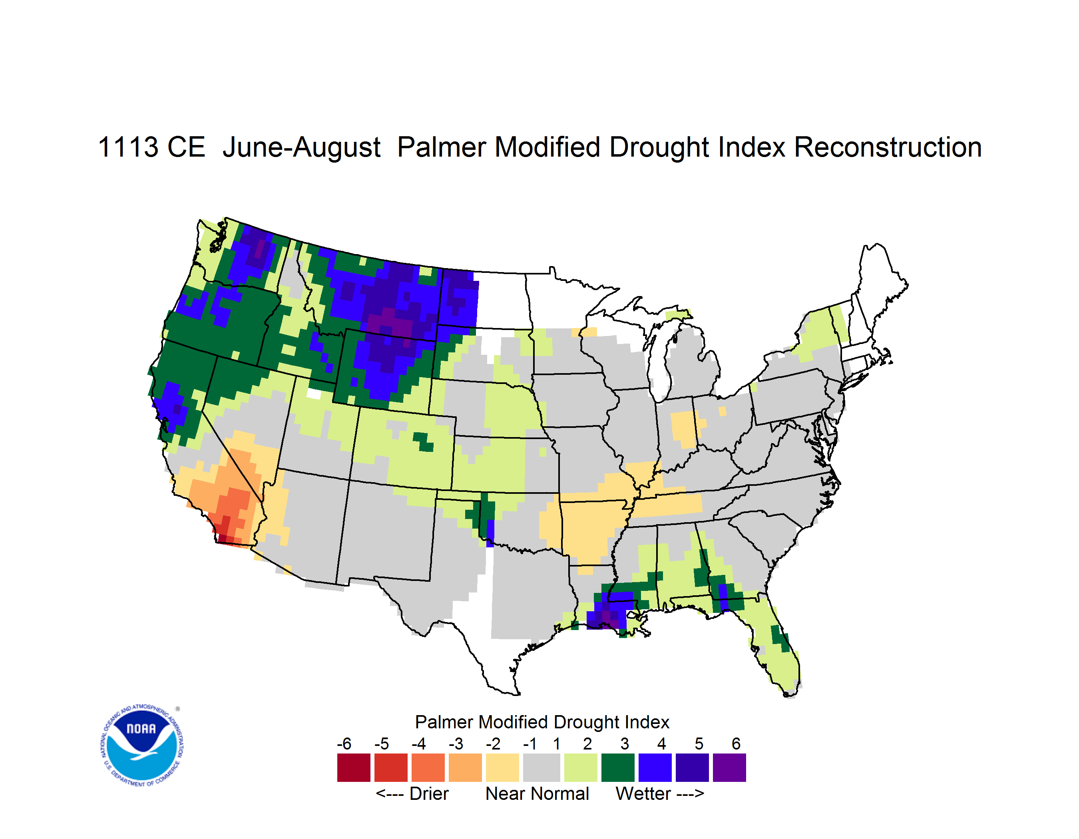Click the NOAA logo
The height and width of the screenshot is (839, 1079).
pos(142,746)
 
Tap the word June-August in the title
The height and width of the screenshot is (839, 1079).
pos(301,148)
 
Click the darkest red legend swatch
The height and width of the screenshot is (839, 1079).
pos(354,767)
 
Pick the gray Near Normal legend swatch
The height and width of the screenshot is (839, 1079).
pos(541,767)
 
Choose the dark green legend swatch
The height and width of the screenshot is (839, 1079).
pos(617,767)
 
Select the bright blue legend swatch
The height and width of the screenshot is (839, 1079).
pos(655,767)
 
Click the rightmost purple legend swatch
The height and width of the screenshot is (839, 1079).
pos(729,767)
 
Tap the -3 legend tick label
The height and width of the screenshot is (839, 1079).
pos(456,744)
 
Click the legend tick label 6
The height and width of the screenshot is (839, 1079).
pos(736,744)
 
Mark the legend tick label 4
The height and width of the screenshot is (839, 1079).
pos(661,744)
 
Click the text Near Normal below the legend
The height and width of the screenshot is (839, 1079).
pos(537,793)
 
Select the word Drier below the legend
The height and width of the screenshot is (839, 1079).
pos(429,793)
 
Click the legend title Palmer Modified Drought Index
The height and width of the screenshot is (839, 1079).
pos(542,722)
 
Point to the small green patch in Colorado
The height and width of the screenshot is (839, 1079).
pos(423,441)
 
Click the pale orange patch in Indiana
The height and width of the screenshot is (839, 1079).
pos(684,429)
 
